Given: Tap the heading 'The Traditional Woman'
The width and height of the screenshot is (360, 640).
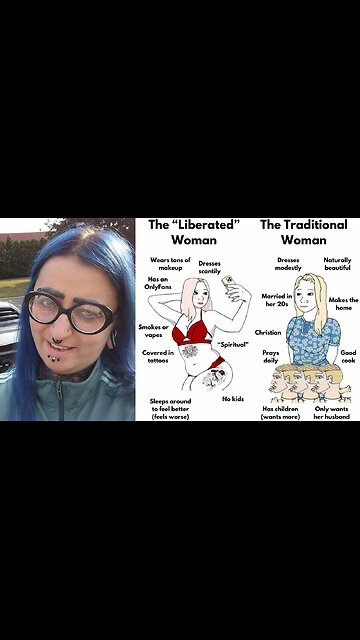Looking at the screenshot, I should [x=303, y=233].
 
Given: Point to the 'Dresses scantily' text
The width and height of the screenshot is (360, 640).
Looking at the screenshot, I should [x=210, y=267].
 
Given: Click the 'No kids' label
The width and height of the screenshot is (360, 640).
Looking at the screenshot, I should [x=233, y=398].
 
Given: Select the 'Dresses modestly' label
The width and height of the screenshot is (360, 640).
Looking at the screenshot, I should [x=288, y=264].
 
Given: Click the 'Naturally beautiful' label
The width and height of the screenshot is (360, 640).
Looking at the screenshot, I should [x=337, y=264].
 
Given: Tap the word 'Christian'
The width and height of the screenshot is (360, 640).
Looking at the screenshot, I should [x=268, y=332].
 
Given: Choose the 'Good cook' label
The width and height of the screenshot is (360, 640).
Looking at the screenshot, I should [x=347, y=357].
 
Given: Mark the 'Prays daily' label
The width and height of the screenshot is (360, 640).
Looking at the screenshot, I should [x=270, y=357].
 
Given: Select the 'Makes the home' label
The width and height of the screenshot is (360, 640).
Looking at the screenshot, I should [x=343, y=303].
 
